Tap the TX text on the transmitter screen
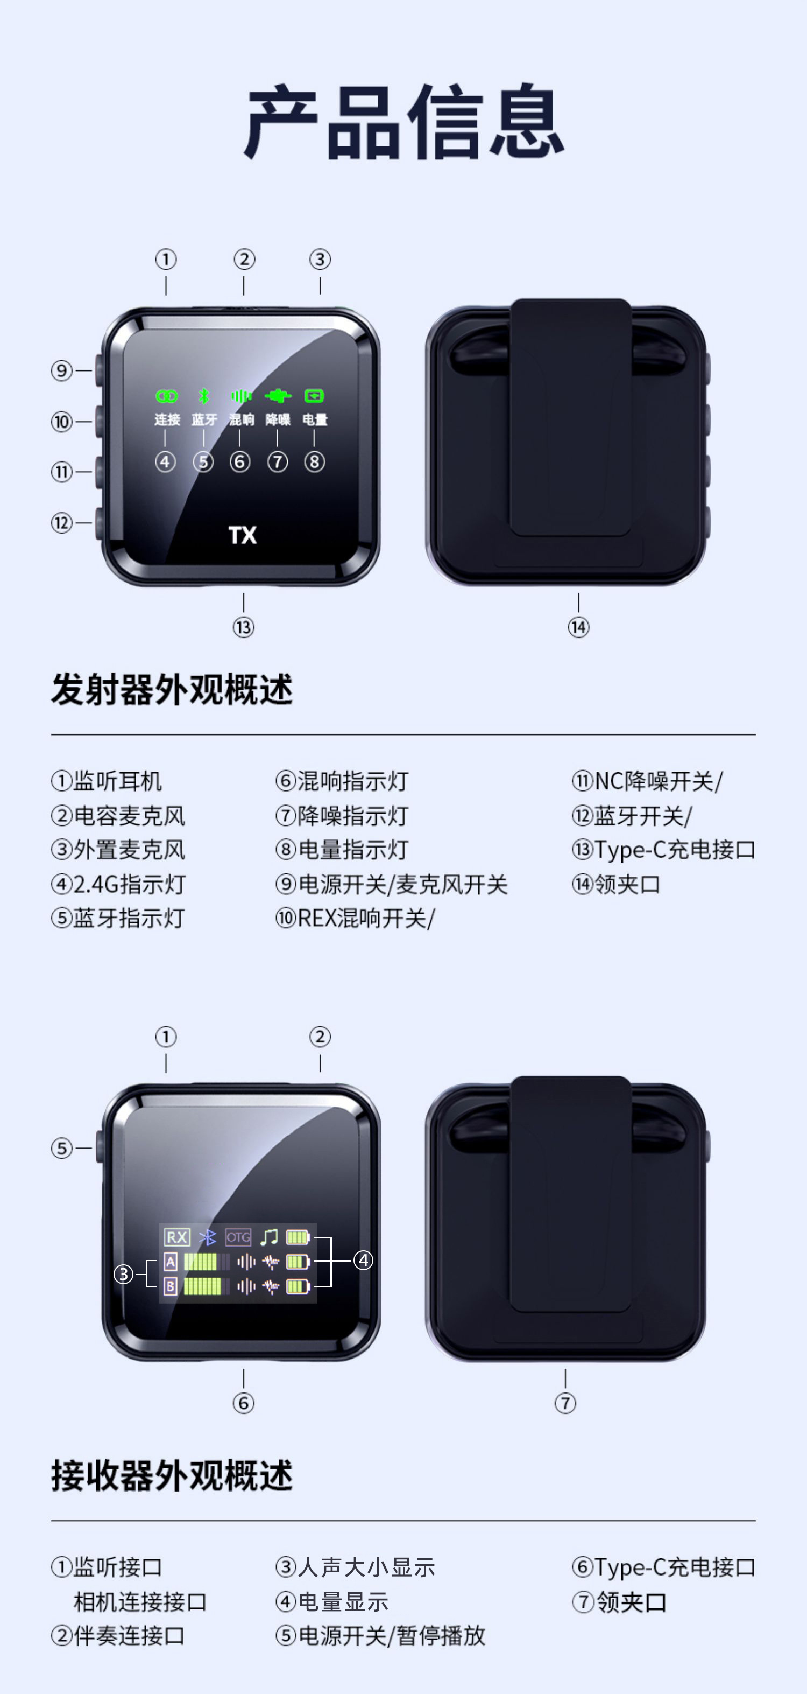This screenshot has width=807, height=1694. (x=243, y=535)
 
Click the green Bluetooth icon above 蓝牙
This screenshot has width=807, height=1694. (x=204, y=396)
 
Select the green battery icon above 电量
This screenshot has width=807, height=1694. (x=314, y=396)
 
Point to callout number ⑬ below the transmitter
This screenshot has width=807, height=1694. (x=243, y=627)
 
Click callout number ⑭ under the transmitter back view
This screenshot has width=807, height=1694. (x=578, y=627)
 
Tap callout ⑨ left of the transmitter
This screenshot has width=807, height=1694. (x=62, y=371)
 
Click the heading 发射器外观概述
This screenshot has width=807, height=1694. (x=172, y=690)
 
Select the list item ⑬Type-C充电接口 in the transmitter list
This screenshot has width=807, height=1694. (x=664, y=850)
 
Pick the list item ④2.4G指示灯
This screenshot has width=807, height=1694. (x=119, y=884)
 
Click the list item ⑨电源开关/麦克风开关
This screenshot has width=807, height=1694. (x=392, y=884)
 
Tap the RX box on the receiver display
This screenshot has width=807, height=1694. (x=177, y=1237)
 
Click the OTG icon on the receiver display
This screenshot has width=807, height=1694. (x=238, y=1237)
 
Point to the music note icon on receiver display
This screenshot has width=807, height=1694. (x=269, y=1237)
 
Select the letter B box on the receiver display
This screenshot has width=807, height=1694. (x=170, y=1286)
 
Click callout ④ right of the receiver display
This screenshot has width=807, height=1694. (x=363, y=1261)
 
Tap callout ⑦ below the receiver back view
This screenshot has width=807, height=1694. (x=565, y=1403)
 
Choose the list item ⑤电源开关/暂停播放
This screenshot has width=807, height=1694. (x=380, y=1635)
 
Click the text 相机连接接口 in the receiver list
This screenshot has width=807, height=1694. (x=140, y=1602)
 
